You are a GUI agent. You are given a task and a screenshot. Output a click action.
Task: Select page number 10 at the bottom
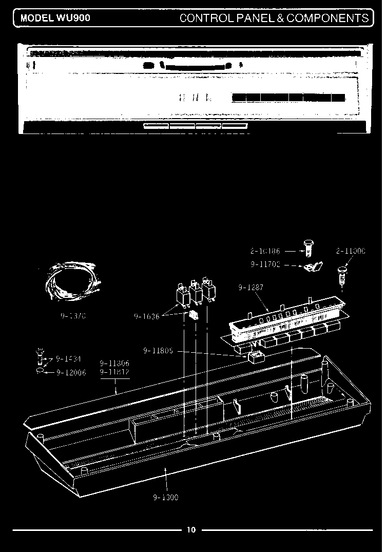click(x=191, y=530)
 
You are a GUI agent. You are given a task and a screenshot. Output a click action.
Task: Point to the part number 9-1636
click(x=147, y=317)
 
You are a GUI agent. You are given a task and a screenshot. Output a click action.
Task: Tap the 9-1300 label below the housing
click(x=165, y=497)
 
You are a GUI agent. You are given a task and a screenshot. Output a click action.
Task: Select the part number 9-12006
click(x=72, y=372)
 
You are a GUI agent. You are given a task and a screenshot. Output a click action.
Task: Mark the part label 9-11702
click(x=265, y=265)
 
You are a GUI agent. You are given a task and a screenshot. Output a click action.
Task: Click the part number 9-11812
click(x=114, y=372)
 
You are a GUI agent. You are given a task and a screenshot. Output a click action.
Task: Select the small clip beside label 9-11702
click(x=313, y=267)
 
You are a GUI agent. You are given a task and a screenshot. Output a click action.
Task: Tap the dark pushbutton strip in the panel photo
click(x=288, y=98)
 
